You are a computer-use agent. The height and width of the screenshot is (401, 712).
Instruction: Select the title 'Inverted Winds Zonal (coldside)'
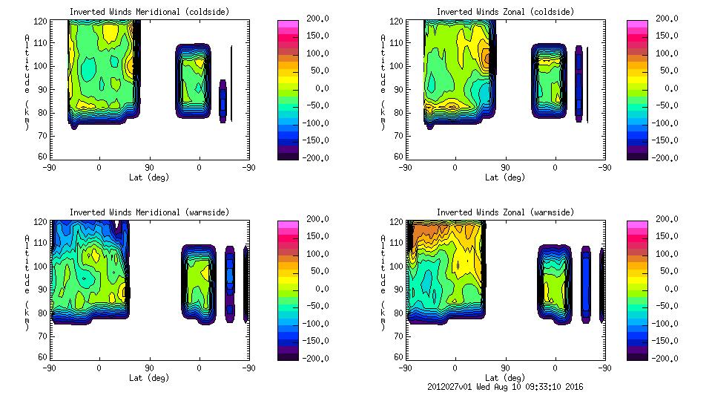(505, 12)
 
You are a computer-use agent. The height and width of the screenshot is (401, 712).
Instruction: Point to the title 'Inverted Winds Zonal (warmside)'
(505, 212)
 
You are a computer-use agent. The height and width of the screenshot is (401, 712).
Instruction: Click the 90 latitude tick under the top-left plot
(149, 167)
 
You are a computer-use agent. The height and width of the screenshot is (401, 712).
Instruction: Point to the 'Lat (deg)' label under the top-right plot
(502, 177)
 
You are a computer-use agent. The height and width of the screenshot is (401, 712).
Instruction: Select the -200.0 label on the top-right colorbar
(662, 157)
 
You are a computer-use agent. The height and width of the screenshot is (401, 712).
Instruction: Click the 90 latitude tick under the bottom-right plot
(505, 368)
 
